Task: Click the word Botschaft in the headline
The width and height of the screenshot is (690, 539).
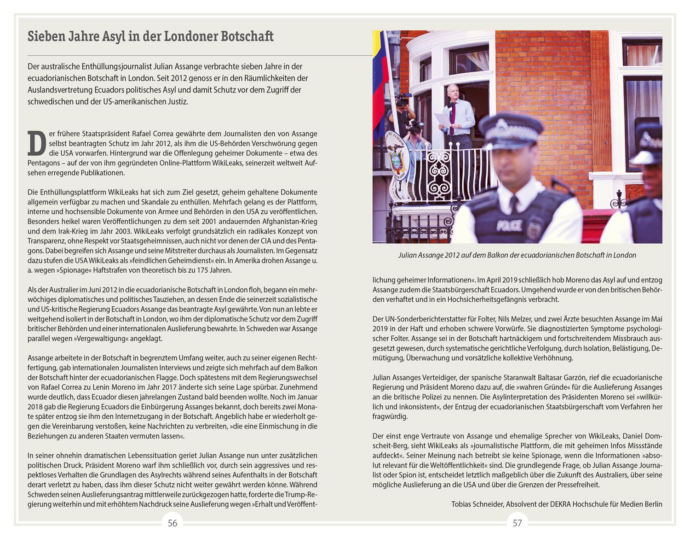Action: click(x=247, y=36)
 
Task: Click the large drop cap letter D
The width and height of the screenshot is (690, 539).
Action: click(x=37, y=143)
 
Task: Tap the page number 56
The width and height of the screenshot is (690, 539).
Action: click(x=172, y=523)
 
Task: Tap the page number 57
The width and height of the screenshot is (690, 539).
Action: click(x=517, y=523)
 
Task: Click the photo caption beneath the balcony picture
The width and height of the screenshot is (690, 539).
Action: click(x=517, y=255)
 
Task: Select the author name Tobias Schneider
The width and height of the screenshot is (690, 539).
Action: click(x=476, y=504)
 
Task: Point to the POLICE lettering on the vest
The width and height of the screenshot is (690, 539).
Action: click(x=509, y=226)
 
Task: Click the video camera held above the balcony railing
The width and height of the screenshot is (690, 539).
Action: click(x=403, y=99)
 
